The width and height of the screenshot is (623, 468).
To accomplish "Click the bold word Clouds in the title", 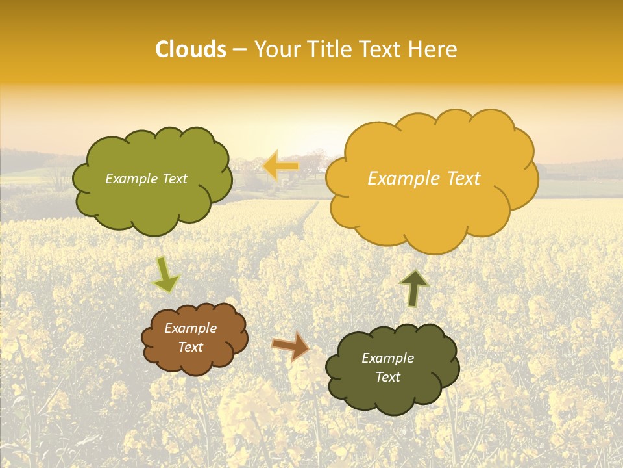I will click(x=191, y=49).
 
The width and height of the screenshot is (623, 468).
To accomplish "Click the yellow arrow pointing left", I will click(x=280, y=166).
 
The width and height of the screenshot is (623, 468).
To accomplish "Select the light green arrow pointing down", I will click(x=166, y=274).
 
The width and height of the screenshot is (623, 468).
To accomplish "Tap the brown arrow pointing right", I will click(x=291, y=346).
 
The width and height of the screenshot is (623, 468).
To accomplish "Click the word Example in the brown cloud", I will click(x=191, y=328).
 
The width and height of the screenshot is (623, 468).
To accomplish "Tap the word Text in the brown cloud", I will click(x=191, y=347).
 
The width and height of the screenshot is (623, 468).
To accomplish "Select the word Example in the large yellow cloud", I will click(x=397, y=179).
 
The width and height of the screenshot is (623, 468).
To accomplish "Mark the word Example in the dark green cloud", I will click(x=387, y=358).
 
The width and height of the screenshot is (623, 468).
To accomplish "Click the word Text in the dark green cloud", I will click(x=387, y=377).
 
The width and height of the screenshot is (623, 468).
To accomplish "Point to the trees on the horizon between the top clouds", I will click(x=311, y=162).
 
